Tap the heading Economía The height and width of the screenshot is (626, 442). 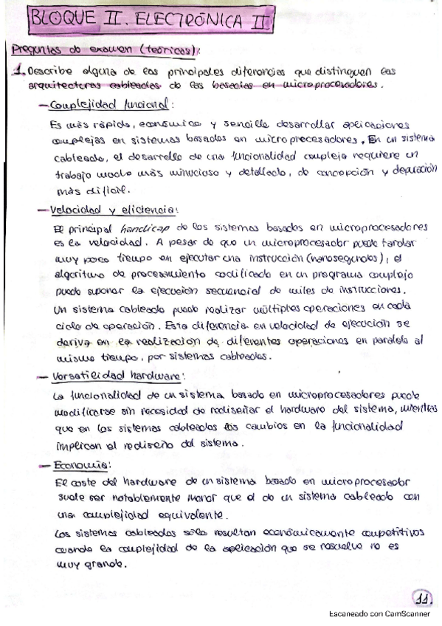[x=83, y=465]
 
